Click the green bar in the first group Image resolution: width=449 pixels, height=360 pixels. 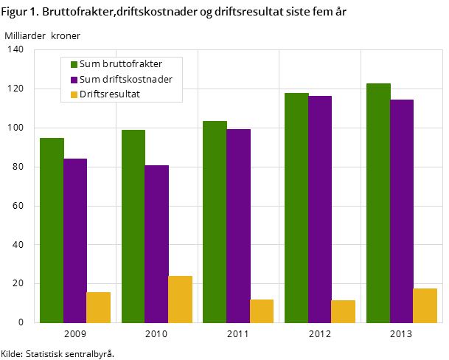point(52,230)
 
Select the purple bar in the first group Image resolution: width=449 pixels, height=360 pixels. point(75,240)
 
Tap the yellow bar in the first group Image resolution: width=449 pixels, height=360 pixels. point(98,307)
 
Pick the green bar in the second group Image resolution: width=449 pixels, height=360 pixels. point(133,226)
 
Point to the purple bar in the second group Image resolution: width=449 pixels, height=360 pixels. point(156,243)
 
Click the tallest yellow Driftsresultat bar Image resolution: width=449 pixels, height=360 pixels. point(180,299)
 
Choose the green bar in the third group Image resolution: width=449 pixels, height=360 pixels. point(215,221)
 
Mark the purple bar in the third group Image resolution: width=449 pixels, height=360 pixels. point(238,226)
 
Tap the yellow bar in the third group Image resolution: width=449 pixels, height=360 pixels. point(262,311)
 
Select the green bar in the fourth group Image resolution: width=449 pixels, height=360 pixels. point(296,207)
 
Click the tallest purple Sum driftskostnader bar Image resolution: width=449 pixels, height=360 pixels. point(320,209)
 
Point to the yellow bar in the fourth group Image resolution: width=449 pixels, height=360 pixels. point(343,311)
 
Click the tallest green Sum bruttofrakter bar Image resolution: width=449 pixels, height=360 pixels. point(378,203)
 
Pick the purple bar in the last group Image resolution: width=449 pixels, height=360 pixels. point(402,211)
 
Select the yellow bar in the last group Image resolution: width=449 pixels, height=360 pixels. point(425,305)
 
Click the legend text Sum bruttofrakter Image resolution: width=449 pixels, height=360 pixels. point(121,64)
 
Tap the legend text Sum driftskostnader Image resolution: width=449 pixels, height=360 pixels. point(126,79)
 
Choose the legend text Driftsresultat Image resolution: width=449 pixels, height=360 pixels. point(110,94)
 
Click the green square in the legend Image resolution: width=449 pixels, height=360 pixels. point(74,64)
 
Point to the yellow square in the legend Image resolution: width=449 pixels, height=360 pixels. point(74,94)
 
